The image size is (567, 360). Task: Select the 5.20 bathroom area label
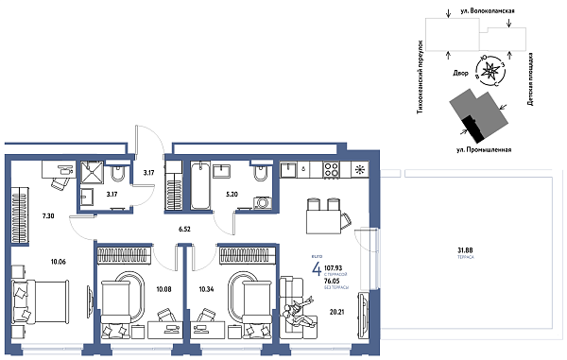point(232,195)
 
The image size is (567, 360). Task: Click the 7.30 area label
point(49,216)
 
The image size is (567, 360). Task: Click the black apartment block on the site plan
point(470,126)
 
